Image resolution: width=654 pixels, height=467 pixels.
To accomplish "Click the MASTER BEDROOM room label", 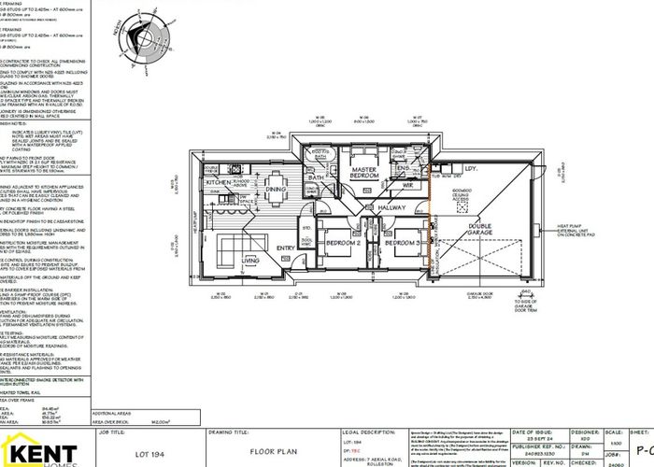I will click(x=364, y=173).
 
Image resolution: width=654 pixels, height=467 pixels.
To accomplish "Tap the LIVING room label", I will click(x=251, y=261).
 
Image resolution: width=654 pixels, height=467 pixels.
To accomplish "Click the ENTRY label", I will click(x=285, y=248).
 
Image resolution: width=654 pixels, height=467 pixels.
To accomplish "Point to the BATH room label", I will click(x=316, y=177).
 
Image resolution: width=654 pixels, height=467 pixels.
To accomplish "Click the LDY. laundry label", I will click(x=470, y=169).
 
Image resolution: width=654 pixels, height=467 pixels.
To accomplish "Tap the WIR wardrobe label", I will click(x=407, y=185).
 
